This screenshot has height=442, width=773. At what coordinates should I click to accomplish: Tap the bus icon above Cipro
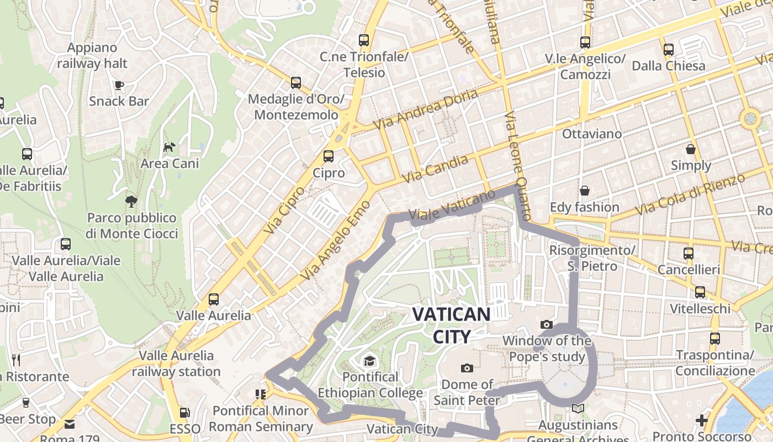(x=329, y=156)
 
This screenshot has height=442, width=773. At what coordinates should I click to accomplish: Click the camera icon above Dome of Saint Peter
(x=467, y=368)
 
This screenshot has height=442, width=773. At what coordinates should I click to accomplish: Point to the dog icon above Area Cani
(x=169, y=147)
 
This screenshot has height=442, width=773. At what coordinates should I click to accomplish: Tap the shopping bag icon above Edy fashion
(x=584, y=191)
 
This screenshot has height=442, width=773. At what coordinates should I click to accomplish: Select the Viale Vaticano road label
(x=452, y=206)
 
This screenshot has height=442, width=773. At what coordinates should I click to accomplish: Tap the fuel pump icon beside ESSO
(x=184, y=413)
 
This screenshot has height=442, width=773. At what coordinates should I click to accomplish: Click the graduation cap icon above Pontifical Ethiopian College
(x=369, y=361)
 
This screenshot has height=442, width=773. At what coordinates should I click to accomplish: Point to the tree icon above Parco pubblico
(x=131, y=201)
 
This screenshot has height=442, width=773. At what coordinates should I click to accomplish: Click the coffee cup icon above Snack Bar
(x=119, y=85)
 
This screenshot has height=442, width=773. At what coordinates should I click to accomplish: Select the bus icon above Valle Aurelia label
(x=214, y=299)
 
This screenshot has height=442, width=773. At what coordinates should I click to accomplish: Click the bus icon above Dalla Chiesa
(x=668, y=50)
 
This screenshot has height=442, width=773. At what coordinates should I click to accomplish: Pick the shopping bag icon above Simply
(x=690, y=149)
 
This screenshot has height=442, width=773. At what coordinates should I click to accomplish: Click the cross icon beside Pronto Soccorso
(x=701, y=420)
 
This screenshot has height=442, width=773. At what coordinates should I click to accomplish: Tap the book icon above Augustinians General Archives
(x=578, y=408)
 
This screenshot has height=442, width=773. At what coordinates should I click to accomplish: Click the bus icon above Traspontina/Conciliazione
(x=714, y=339)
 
